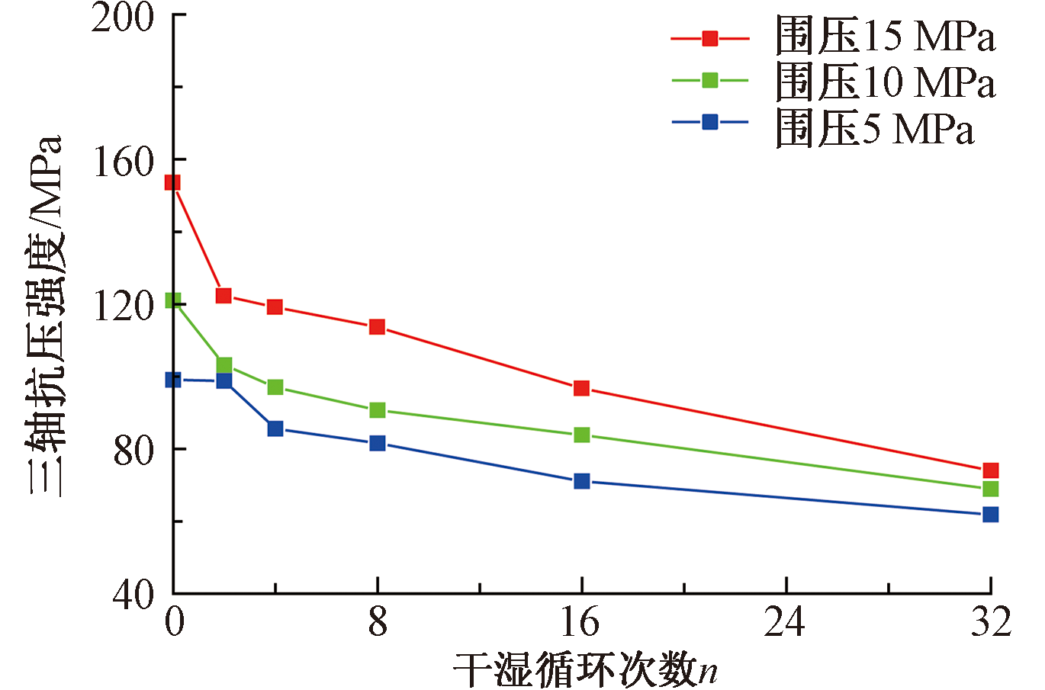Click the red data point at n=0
click(173, 182)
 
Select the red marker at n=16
click(581, 388)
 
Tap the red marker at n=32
click(990, 470)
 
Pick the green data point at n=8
click(377, 410)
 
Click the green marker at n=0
click(173, 301)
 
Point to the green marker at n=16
click(581, 435)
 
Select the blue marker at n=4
click(275, 428)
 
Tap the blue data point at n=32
click(990, 515)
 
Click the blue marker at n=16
click(581, 481)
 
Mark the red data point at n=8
click(377, 327)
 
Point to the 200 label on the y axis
click(122, 17)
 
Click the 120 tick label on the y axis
click(122, 306)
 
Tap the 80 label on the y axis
click(133, 450)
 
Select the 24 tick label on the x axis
click(785, 623)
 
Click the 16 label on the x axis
click(580, 623)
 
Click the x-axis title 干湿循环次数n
click(586, 669)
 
